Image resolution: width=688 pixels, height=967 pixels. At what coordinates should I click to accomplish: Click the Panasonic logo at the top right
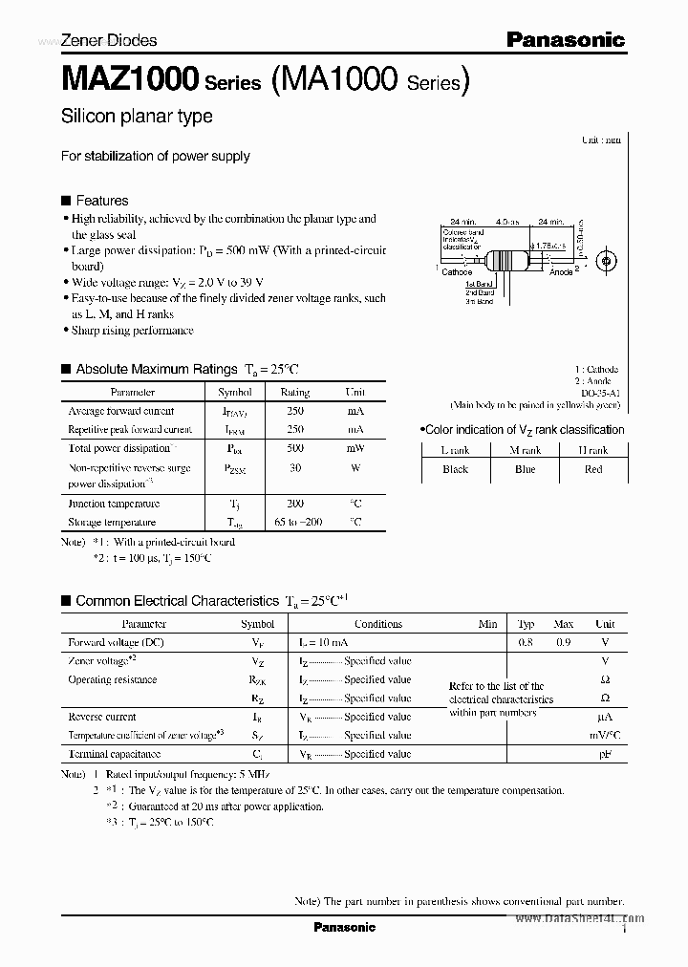565,39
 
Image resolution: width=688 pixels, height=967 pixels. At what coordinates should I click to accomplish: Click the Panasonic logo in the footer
344,927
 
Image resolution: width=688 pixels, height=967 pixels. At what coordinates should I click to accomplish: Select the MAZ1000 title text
130,79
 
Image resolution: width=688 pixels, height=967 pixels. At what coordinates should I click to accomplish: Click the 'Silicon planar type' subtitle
137,117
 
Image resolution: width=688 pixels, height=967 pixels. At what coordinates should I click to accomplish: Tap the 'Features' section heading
101,201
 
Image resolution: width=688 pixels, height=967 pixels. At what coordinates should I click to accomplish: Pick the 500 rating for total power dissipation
294,448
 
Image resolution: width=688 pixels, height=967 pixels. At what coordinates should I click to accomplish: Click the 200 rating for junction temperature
294,504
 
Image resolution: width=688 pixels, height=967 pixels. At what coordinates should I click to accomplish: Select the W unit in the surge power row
355,468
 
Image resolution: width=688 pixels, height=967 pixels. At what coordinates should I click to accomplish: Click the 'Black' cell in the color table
455,469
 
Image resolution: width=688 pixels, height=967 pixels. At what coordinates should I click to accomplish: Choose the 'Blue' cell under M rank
525,469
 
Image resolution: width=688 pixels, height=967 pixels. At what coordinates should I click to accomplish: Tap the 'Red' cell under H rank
593,469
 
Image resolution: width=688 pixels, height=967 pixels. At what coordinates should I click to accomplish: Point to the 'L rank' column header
455,450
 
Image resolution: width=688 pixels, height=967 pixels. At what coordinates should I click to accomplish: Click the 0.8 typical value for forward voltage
526,643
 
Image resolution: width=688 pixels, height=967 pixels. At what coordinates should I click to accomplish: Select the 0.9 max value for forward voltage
563,643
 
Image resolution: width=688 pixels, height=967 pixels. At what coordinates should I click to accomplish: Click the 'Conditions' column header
378,624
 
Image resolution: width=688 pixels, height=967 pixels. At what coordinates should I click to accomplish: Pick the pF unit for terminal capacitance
605,754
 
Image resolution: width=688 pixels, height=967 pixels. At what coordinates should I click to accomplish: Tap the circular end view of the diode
603,260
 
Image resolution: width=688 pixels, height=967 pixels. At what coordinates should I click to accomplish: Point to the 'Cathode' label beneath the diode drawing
457,272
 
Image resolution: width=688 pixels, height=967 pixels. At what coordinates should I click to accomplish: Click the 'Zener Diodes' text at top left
109,40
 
